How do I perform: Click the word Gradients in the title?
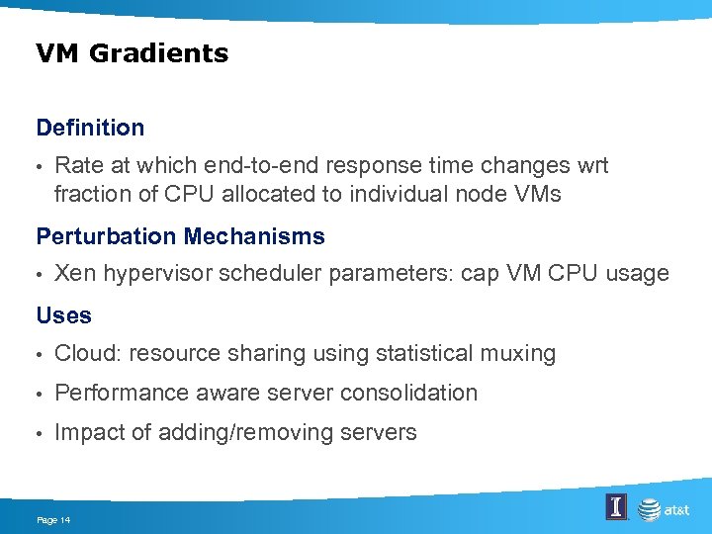click(158, 53)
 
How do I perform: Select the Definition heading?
click(90, 128)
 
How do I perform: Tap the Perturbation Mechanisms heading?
click(180, 236)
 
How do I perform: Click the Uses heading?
click(63, 315)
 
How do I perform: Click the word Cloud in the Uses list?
click(88, 353)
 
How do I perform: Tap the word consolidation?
click(408, 393)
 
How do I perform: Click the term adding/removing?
click(231, 432)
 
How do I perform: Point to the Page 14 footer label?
click(54, 519)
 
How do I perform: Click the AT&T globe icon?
click(649, 509)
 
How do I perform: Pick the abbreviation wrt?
click(589, 165)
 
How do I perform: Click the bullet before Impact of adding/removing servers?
click(40, 433)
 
